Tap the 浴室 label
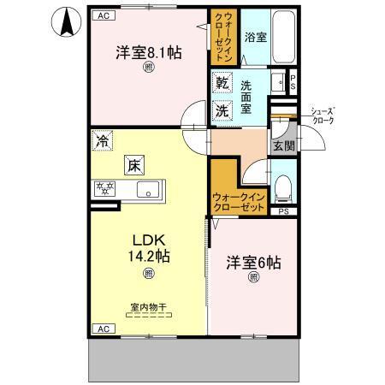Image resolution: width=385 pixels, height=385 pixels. point(254,38)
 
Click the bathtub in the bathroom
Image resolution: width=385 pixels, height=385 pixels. point(282,38)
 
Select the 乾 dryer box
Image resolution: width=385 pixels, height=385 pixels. point(222,84)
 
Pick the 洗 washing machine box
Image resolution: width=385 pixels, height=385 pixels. point(222,110)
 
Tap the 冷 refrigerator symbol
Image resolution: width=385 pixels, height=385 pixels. point(103,140)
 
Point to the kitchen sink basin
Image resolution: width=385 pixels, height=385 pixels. point(146,190)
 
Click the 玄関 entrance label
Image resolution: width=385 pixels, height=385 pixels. point(282,146)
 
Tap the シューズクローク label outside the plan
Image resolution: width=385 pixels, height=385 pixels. point(323,115)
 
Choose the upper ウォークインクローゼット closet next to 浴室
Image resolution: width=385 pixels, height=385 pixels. point(221,34)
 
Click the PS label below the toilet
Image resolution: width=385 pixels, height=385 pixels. point(283,210)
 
